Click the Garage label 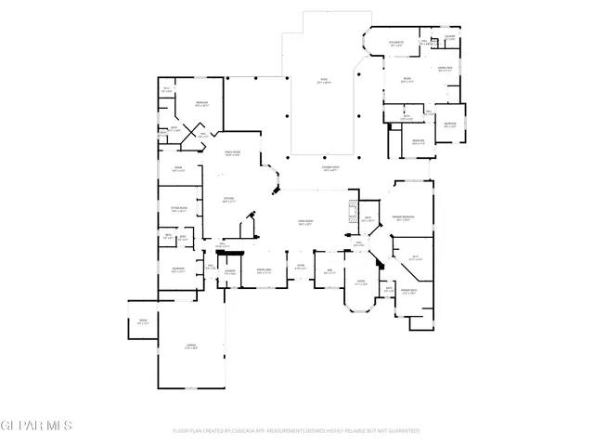point(190,346)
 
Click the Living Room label point(303,223)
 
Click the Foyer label point(300,267)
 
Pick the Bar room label point(329,272)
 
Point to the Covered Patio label point(329,170)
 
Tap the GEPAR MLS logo point(36,426)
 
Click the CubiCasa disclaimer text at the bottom point(297,431)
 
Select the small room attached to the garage point(144,322)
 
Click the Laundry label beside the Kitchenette point(448,37)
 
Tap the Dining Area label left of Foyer point(264,272)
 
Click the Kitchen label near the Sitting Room point(228,200)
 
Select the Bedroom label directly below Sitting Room point(178,270)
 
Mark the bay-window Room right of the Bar point(360,283)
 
